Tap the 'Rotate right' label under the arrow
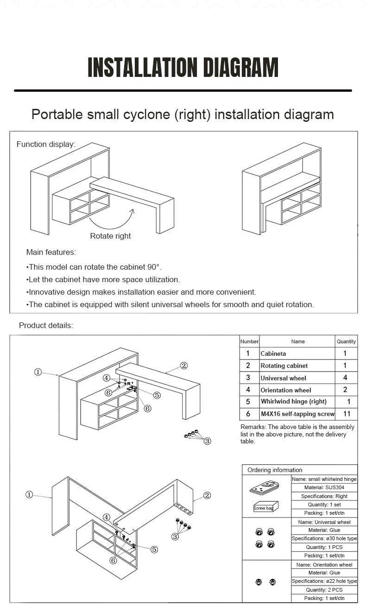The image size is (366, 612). (x=110, y=236)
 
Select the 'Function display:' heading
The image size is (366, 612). (x=46, y=144)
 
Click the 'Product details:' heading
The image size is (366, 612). (x=46, y=325)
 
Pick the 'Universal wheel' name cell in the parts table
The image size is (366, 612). (x=283, y=378)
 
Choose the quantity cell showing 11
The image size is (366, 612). (x=346, y=414)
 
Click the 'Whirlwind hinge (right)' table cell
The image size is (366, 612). (x=293, y=402)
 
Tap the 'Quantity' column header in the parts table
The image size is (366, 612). (x=346, y=341)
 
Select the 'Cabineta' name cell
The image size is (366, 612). (x=273, y=353)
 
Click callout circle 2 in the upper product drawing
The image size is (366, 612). (x=184, y=366)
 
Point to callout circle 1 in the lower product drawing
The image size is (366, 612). (x=29, y=495)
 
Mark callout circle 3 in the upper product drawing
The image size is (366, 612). (x=208, y=441)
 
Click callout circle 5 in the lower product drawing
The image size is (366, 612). (x=154, y=549)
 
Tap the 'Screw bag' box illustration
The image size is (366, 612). (x=265, y=507)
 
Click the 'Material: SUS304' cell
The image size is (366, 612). (x=324, y=487)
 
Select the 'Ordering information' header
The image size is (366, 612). (x=275, y=470)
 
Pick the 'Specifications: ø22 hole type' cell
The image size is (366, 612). (x=324, y=581)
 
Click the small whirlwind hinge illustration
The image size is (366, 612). (x=265, y=488)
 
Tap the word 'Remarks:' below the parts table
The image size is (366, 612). (x=253, y=427)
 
